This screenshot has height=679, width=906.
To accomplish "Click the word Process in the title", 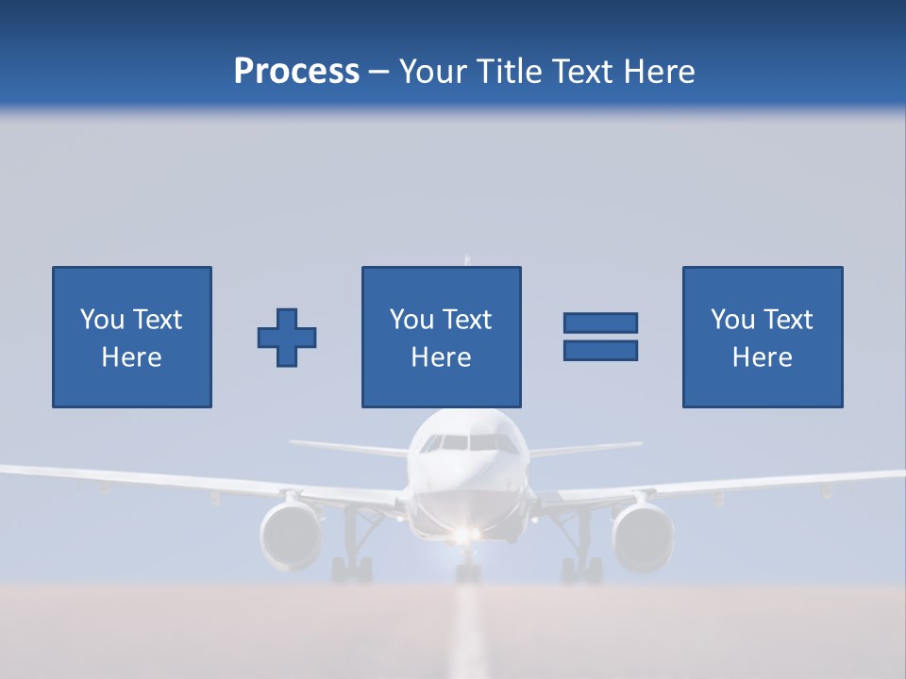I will tap(296, 72).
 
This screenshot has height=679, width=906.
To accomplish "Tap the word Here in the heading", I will tap(659, 72).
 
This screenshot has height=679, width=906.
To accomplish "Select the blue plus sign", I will tap(287, 338).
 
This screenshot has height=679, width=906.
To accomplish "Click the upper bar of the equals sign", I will tap(600, 323).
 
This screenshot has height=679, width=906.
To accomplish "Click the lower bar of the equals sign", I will tap(600, 350).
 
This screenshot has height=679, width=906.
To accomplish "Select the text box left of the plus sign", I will tap(131, 337).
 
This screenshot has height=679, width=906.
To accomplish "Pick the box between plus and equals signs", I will tap(441, 337).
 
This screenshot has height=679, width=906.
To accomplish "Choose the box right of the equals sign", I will tap(762, 337).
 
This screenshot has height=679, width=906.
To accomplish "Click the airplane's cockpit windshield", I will tap(468, 442).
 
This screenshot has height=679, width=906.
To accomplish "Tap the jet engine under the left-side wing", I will tap(292, 535).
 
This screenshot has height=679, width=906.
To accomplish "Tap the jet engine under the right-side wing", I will tap(642, 535).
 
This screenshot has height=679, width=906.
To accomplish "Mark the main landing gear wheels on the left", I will tap(352, 570).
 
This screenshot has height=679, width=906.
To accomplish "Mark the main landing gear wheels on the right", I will tap(581, 570).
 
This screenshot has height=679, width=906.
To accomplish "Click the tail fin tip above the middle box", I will tap(466, 258).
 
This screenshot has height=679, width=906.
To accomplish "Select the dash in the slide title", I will tap(378, 72).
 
